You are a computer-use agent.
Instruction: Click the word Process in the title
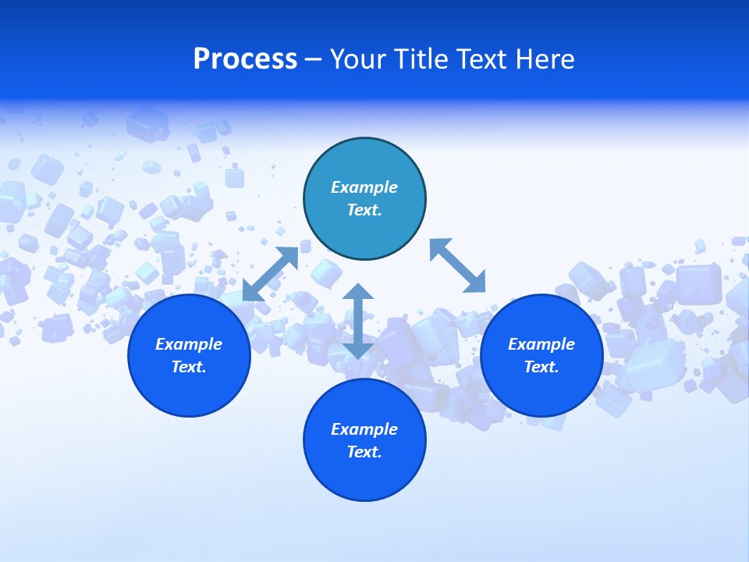tap(245, 59)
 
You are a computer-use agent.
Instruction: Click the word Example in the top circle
tap(364, 187)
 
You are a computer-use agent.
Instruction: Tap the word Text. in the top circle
tap(364, 210)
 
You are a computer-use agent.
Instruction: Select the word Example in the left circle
tap(189, 344)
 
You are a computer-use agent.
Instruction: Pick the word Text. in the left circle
tap(189, 367)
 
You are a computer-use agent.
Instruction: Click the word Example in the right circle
tap(541, 344)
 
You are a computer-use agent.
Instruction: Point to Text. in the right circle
tap(541, 367)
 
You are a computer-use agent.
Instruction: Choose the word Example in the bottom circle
tap(364, 429)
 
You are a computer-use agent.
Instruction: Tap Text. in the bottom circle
tap(364, 452)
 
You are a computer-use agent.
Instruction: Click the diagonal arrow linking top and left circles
tap(270, 274)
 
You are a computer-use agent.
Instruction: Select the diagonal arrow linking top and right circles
tap(457, 265)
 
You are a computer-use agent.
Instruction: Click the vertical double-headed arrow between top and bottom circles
tap(358, 321)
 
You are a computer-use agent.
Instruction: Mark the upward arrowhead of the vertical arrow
tap(358, 292)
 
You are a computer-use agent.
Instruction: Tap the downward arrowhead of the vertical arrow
tap(358, 350)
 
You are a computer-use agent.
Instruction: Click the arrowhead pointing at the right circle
tap(476, 283)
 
